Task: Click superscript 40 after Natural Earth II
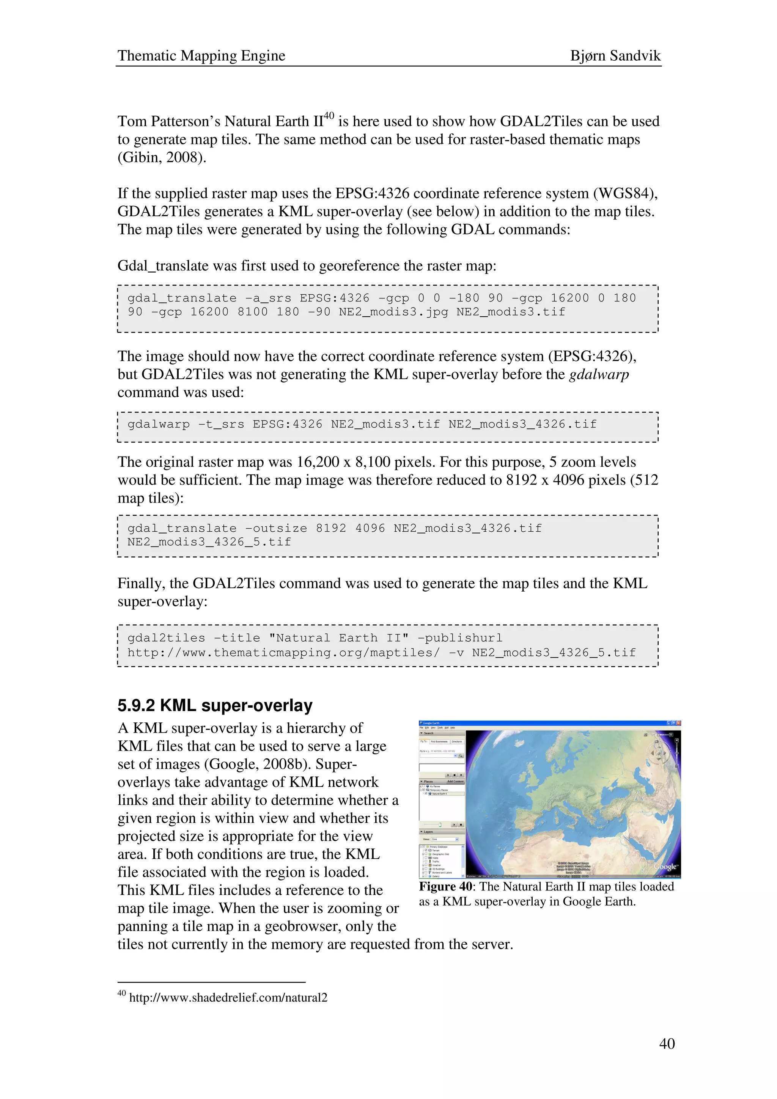coord(329,116)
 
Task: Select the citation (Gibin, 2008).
coord(162,157)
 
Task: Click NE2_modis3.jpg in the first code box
coord(393,312)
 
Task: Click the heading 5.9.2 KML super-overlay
coord(215,705)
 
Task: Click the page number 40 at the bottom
coord(667,1044)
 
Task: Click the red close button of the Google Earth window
coord(678,723)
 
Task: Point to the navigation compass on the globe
coord(659,754)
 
